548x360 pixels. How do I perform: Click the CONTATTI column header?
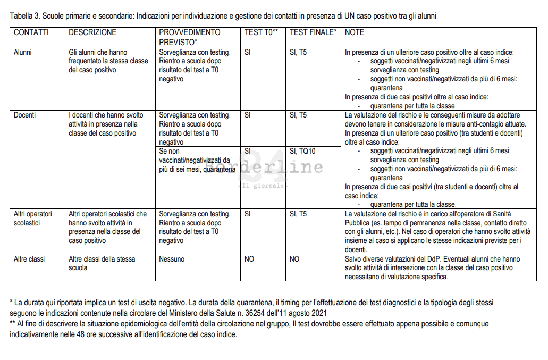pyautogui.click(x=31, y=32)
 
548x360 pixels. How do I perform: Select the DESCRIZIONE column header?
pyautogui.click(x=92, y=32)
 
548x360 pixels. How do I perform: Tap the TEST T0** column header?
pyautogui.click(x=261, y=32)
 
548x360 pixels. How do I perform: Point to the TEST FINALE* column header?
pyautogui.click(x=313, y=32)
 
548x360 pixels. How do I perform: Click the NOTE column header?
pyautogui.click(x=355, y=32)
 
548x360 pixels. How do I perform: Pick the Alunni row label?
pyautogui.click(x=23, y=53)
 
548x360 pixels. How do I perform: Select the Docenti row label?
pyautogui.click(x=25, y=115)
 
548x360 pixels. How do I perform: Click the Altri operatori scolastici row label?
pyautogui.click(x=33, y=219)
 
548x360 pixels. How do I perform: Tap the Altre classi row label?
pyautogui.click(x=29, y=259)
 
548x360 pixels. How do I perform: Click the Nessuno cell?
pyautogui.click(x=172, y=259)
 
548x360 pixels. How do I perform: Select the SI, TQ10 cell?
pyautogui.click(x=302, y=151)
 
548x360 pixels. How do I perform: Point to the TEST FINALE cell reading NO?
pyautogui.click(x=294, y=259)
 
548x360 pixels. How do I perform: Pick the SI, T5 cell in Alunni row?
pyautogui.click(x=298, y=53)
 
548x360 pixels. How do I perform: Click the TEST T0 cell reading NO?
pyautogui.click(x=249, y=259)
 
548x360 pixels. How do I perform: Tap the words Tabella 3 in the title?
pyautogui.click(x=24, y=16)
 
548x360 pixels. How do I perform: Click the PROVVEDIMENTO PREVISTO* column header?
pyautogui.click(x=189, y=37)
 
